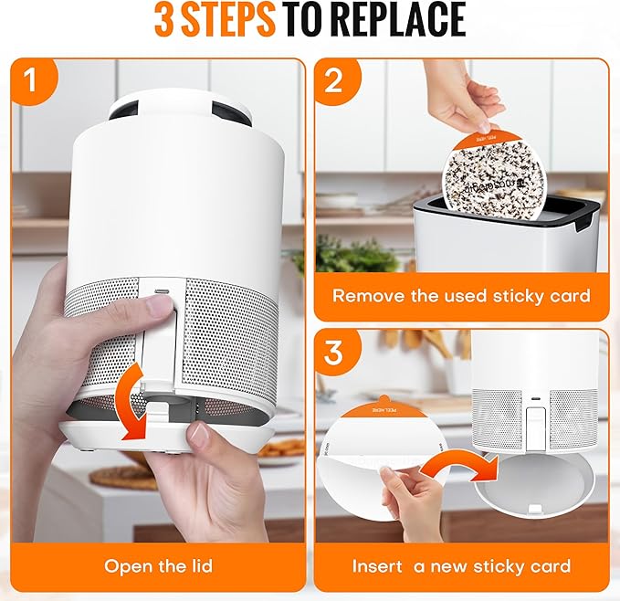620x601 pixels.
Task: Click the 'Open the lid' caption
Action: click(x=158, y=566)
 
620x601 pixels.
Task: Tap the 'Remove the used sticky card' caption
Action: click(x=461, y=296)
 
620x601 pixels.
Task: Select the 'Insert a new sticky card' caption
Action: click(x=461, y=566)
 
